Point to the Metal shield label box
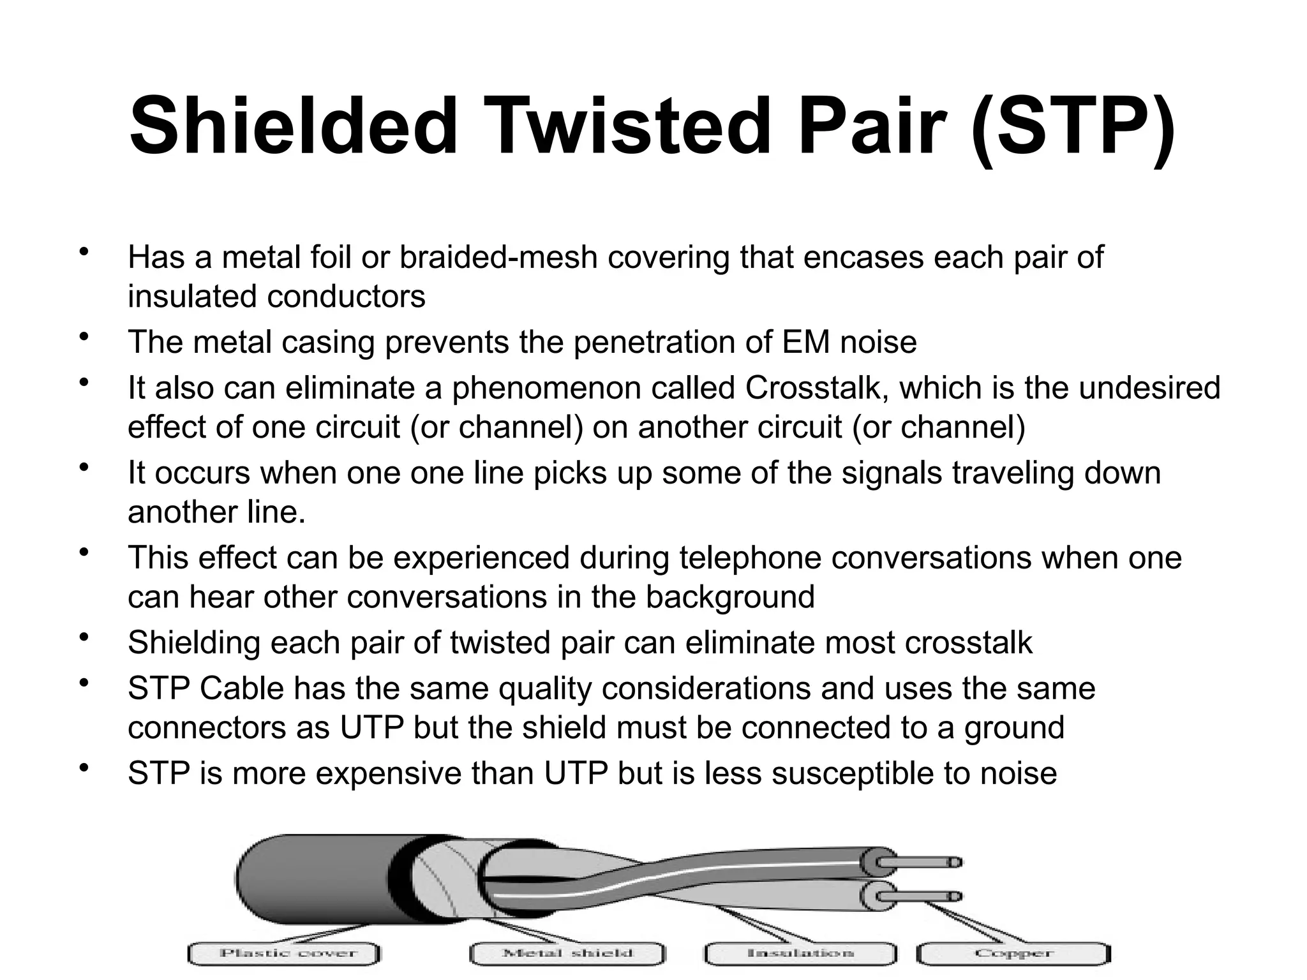tap(567, 954)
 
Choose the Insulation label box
tap(800, 954)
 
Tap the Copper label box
tap(1013, 954)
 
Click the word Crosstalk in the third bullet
tap(812, 388)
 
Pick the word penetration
tap(653, 342)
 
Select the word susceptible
tap(853, 773)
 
